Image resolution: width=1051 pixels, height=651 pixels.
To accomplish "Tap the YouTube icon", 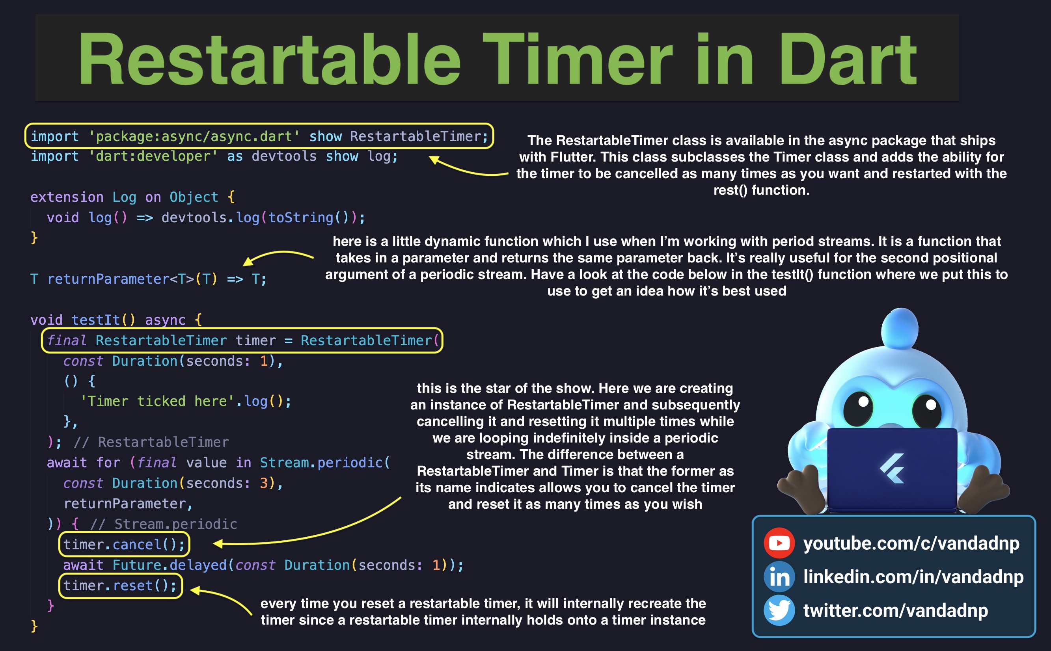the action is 779,543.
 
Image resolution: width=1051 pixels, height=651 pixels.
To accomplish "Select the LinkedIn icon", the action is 779,577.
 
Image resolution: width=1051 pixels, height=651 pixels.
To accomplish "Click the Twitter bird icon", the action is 779,610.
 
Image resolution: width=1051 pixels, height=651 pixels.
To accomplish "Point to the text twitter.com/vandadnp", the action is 896,610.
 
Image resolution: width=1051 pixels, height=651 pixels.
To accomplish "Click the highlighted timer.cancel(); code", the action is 124,544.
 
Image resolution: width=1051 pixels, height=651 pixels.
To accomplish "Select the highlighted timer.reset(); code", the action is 120,586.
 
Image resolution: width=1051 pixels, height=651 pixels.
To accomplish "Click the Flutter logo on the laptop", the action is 892,469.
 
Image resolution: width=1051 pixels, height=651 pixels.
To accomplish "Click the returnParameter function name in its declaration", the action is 108,279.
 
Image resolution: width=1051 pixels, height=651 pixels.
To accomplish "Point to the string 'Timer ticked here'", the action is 157,401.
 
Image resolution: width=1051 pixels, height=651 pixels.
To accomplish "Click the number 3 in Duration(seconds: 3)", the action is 264,483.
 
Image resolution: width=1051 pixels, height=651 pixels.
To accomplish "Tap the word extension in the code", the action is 67,197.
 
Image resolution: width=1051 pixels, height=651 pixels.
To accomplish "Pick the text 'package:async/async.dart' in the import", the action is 194,136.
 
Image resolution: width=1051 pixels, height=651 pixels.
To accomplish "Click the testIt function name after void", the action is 96,320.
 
